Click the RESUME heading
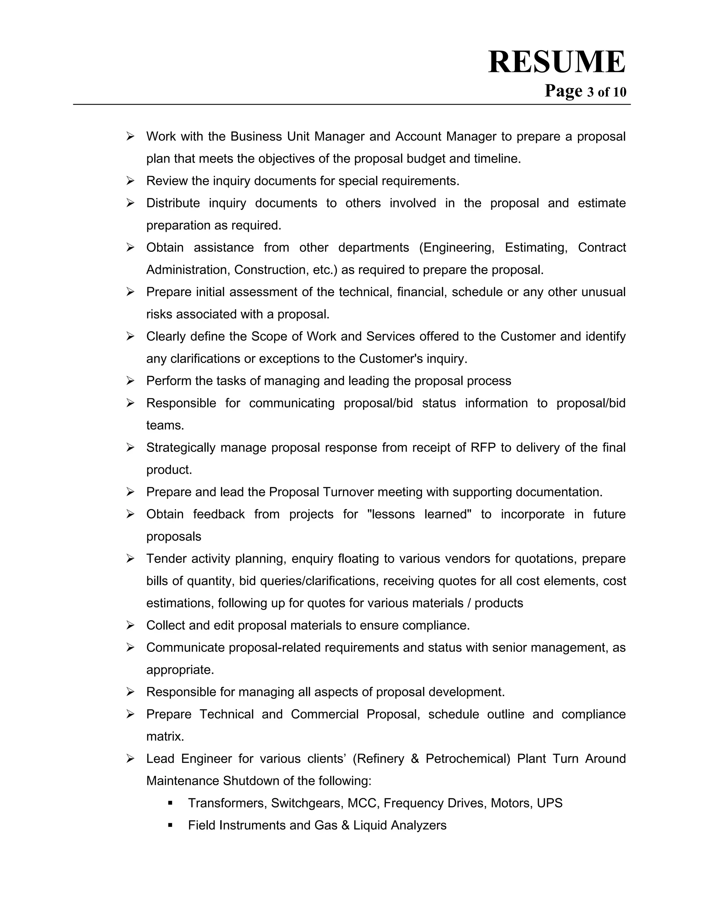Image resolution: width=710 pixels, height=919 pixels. pos(556,62)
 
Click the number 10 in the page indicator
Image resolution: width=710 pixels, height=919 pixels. pos(620,92)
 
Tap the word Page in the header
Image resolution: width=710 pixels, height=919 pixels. pos(563,91)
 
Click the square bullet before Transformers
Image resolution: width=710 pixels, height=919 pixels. pos(170,803)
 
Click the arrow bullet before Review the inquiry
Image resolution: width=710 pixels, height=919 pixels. pos(130,181)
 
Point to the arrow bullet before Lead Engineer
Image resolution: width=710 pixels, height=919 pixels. pos(130,759)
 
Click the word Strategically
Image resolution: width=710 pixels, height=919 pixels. pos(181,447)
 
